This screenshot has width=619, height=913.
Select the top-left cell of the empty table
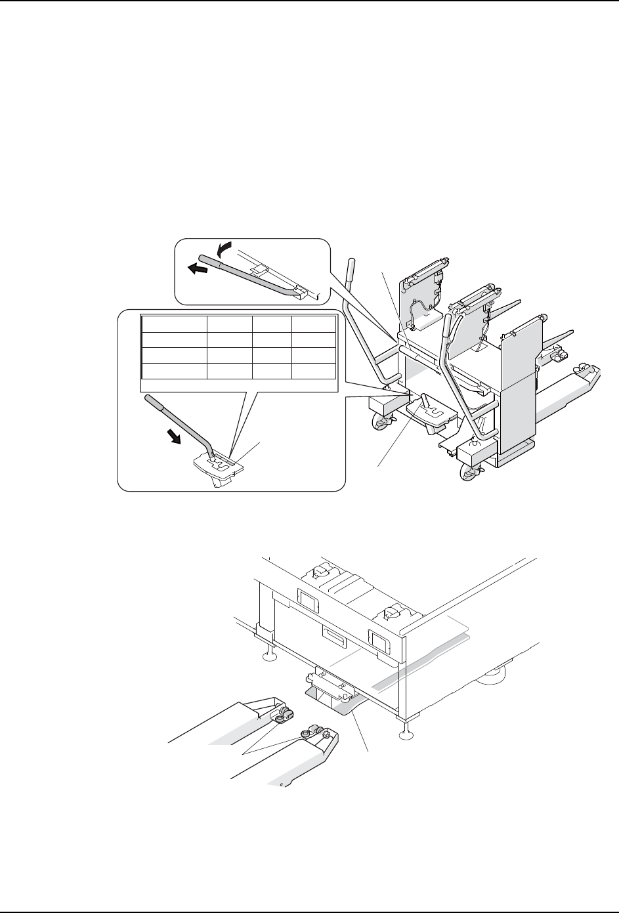174,324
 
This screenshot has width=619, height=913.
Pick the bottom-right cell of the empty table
313,370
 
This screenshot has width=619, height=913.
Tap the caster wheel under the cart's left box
380,423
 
